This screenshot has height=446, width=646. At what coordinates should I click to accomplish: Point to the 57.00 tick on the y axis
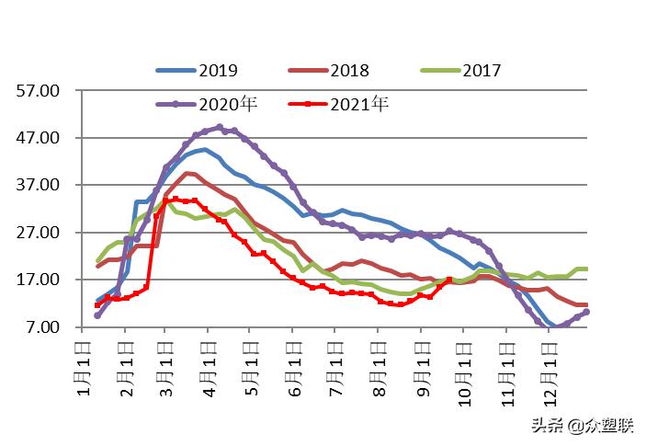(x=39, y=90)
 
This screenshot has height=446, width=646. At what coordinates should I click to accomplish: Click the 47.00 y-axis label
(x=39, y=138)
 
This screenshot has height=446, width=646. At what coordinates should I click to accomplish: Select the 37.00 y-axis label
(x=39, y=185)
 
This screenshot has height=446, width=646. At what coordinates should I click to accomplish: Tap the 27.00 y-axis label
(x=39, y=233)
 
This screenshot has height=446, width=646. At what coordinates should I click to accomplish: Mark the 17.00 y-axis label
(x=39, y=280)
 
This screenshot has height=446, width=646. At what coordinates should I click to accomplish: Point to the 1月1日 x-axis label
(x=84, y=366)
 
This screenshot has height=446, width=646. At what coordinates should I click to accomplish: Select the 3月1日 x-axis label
(x=165, y=366)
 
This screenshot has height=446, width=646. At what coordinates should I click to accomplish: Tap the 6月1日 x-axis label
(x=294, y=366)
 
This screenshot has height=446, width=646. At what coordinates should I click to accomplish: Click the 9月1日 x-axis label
(x=422, y=366)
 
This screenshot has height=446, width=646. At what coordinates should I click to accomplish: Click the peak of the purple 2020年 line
(x=219, y=127)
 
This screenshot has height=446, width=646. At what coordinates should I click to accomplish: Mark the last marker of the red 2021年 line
(x=449, y=280)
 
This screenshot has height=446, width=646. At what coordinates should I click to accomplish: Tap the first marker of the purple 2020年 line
(x=97, y=315)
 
